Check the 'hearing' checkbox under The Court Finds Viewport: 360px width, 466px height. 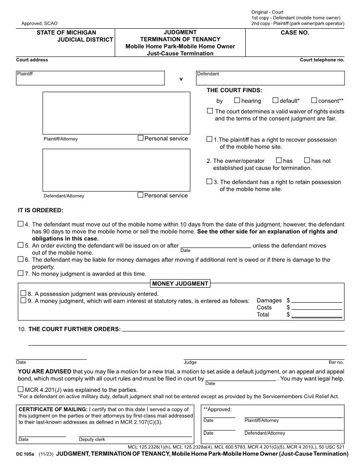(x=237, y=101)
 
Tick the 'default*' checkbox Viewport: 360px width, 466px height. (x=275, y=101)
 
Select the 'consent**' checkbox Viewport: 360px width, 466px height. (x=314, y=101)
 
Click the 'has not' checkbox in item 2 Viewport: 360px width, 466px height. (x=307, y=161)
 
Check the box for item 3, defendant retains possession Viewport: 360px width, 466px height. (x=210, y=181)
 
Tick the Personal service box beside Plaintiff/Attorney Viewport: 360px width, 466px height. (x=141, y=138)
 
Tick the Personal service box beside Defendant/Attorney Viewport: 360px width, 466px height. (x=141, y=195)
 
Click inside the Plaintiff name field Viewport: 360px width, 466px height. (x=90, y=78)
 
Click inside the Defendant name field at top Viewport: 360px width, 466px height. (x=270, y=78)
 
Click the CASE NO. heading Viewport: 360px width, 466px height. (x=295, y=33)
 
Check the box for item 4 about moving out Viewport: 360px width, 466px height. (x=21, y=224)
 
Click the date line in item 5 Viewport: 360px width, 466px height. (x=216, y=245)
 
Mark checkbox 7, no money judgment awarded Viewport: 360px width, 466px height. (x=21, y=274)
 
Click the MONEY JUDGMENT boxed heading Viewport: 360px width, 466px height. (x=180, y=284)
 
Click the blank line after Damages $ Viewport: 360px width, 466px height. (x=317, y=300)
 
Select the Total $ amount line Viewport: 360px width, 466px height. (x=317, y=315)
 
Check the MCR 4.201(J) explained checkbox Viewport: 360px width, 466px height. (x=21, y=390)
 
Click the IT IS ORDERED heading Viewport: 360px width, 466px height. (x=41, y=210)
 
